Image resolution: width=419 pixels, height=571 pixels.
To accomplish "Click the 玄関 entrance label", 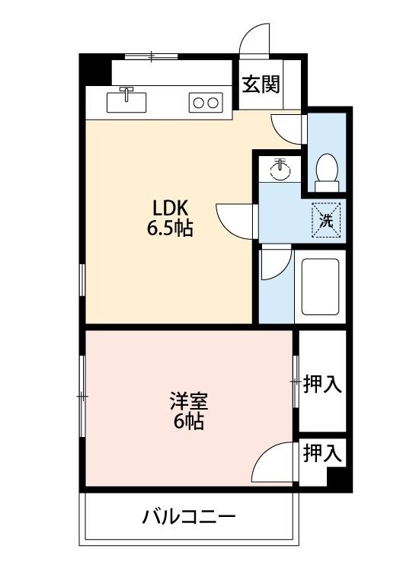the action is click(x=261, y=85).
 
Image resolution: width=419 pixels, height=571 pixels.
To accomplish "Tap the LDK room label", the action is click(x=170, y=209).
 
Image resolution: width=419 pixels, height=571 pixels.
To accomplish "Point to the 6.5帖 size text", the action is click(x=170, y=228).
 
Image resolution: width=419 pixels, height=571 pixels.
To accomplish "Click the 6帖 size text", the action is click(x=188, y=422).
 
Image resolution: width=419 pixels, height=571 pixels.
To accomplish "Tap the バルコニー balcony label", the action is click(x=189, y=517).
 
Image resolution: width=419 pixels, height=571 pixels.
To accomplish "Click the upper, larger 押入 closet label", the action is click(x=322, y=384).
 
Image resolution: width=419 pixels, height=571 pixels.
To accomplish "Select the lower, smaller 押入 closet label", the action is click(x=322, y=454).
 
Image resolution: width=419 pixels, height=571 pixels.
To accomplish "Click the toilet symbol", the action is click(x=327, y=172).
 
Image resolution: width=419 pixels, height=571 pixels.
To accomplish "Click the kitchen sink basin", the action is click(x=126, y=102).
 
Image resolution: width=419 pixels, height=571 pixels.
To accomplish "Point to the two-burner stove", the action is click(x=206, y=102).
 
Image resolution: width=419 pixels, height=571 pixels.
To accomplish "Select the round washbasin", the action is click(x=280, y=170).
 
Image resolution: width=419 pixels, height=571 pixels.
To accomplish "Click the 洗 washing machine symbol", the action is click(x=326, y=220).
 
